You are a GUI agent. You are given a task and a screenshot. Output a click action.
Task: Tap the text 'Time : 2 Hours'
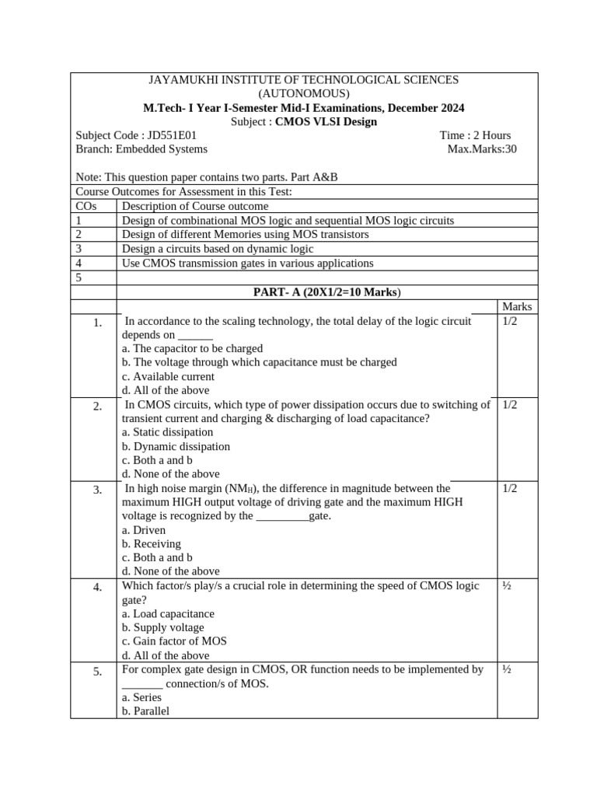pyautogui.click(x=475, y=135)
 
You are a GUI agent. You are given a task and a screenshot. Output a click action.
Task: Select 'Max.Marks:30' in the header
pyautogui.click(x=482, y=149)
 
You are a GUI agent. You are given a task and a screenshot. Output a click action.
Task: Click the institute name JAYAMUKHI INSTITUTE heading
pyautogui.click(x=304, y=80)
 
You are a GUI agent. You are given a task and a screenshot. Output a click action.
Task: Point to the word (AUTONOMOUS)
pyautogui.click(x=304, y=94)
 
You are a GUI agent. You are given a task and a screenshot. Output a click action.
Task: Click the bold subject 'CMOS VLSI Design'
pyautogui.click(x=326, y=122)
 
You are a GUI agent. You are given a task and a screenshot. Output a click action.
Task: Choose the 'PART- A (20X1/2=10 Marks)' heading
pyautogui.click(x=326, y=292)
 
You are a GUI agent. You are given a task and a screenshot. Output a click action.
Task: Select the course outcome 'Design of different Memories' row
pyautogui.click(x=246, y=234)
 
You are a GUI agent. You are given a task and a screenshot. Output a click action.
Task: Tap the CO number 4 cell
pyautogui.click(x=79, y=263)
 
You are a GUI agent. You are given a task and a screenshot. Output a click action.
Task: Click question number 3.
pyautogui.click(x=97, y=491)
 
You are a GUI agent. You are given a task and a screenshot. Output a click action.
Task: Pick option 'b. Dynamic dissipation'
pyautogui.click(x=176, y=446)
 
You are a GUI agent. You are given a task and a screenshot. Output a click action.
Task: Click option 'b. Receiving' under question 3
pyautogui.click(x=152, y=543)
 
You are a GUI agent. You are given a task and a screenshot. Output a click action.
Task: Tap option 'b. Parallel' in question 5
pyautogui.click(x=146, y=710)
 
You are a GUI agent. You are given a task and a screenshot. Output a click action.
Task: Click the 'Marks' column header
pyautogui.click(x=517, y=307)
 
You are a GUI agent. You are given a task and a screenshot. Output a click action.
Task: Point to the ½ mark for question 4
pyautogui.click(x=507, y=585)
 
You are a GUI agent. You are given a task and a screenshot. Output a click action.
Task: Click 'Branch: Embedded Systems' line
pyautogui.click(x=141, y=149)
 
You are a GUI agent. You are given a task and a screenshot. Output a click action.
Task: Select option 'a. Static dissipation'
pyautogui.click(x=168, y=432)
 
